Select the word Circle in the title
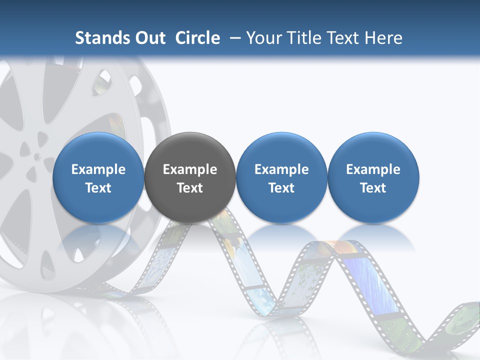tap(197, 38)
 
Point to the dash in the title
tap(233, 38)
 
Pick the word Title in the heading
tap(307, 38)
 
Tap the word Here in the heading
tap(383, 38)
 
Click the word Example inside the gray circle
tap(190, 169)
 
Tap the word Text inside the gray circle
tap(190, 188)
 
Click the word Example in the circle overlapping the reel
tap(98, 169)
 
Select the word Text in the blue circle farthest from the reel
tap(373, 188)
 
